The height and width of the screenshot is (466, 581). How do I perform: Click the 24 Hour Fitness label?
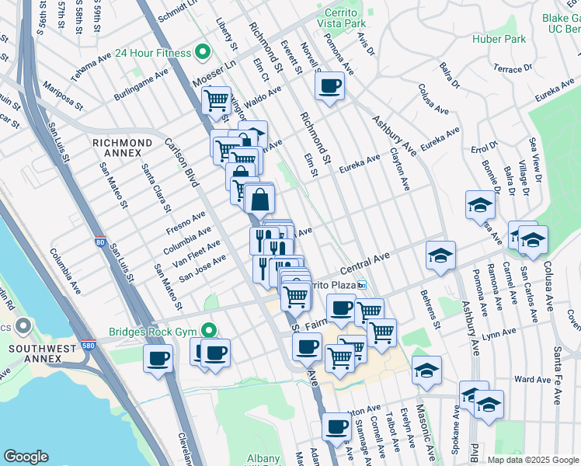(x=153, y=53)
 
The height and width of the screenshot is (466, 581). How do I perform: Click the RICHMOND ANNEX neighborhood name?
(x=122, y=144)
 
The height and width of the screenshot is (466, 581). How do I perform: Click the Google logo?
(x=26, y=457)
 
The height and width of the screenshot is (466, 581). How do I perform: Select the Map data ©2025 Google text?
(x=532, y=460)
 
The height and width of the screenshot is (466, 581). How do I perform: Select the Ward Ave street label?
(x=533, y=380)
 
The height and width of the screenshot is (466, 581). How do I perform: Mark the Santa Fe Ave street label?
(x=557, y=376)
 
